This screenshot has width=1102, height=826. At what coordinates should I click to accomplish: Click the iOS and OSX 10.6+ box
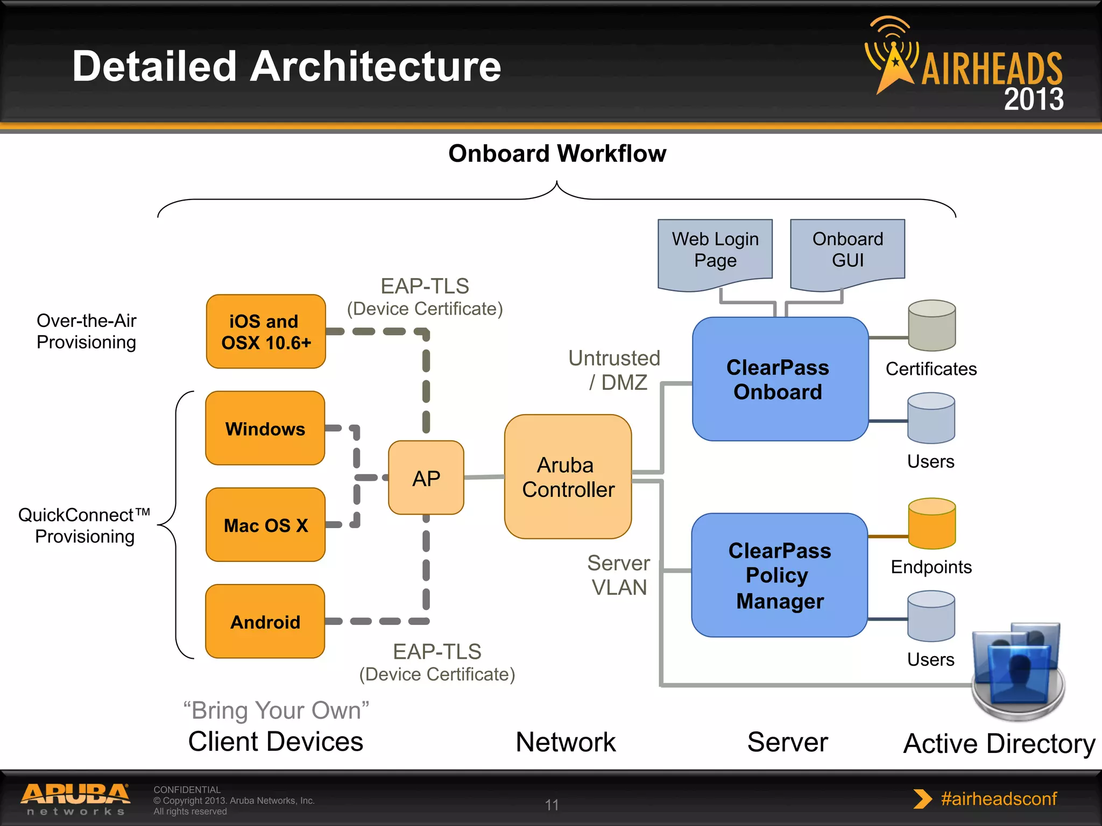point(266,331)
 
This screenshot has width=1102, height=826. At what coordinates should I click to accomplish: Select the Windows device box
point(265,428)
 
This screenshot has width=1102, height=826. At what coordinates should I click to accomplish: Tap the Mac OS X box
point(265,525)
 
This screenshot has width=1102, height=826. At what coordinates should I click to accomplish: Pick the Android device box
point(265,622)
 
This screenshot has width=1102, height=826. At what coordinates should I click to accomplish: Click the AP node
point(426,478)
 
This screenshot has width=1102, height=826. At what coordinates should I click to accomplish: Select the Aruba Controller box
point(568,477)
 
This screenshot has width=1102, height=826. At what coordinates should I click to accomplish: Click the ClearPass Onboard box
point(779,379)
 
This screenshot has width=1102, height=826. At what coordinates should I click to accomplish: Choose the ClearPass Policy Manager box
point(779,575)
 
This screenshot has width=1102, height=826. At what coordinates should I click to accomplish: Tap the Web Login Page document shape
point(715,251)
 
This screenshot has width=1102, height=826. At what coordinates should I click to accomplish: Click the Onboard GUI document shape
point(847,251)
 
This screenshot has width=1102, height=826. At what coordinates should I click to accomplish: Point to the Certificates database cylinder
point(931,325)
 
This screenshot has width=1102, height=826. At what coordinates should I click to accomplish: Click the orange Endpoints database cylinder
point(931,523)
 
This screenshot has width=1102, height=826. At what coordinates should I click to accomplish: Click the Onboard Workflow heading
point(557,154)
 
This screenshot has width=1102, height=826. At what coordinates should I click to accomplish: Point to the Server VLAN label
point(619,575)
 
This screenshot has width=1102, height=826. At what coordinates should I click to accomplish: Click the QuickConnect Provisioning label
point(84,525)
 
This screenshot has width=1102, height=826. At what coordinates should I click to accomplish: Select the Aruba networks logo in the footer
point(76,799)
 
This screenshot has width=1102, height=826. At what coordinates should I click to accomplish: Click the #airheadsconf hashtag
point(998,799)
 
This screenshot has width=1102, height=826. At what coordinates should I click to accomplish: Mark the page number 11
point(552,804)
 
